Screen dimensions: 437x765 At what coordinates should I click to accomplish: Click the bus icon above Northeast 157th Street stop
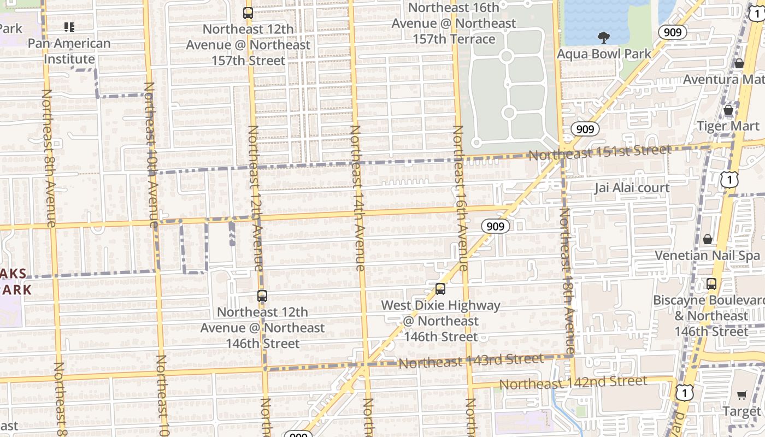coord(248,13)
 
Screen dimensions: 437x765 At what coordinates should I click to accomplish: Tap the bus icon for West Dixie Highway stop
coord(440,289)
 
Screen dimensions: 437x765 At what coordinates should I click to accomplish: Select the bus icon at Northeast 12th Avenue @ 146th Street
coord(262,296)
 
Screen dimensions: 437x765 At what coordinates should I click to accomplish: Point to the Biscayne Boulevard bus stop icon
coord(711,284)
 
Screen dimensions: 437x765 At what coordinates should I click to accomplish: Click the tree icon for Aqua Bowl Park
coord(604,38)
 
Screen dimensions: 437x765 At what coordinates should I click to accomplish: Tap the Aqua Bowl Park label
coord(604,54)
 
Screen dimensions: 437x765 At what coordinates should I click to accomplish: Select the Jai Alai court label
coord(632,188)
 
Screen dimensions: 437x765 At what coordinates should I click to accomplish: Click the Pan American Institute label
coord(69,51)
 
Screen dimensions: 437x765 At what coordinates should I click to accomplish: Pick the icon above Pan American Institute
coord(69,27)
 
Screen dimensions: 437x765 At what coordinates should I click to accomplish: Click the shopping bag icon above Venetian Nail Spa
coord(708,239)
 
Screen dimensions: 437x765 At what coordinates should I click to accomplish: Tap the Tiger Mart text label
coord(727,126)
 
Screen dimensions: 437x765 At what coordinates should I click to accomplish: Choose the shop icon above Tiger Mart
coord(728,110)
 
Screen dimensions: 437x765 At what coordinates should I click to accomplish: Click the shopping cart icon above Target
coord(742,395)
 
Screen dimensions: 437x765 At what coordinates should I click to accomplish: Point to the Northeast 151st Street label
coord(599,152)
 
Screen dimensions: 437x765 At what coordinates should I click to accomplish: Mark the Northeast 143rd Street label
coord(470,361)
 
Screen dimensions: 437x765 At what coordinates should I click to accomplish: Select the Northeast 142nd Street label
coord(573,382)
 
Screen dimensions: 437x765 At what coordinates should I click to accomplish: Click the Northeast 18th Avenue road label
coord(567,281)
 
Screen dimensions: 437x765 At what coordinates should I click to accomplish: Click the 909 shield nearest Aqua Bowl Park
coord(672,32)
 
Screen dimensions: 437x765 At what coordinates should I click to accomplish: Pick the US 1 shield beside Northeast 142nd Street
coord(684,392)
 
